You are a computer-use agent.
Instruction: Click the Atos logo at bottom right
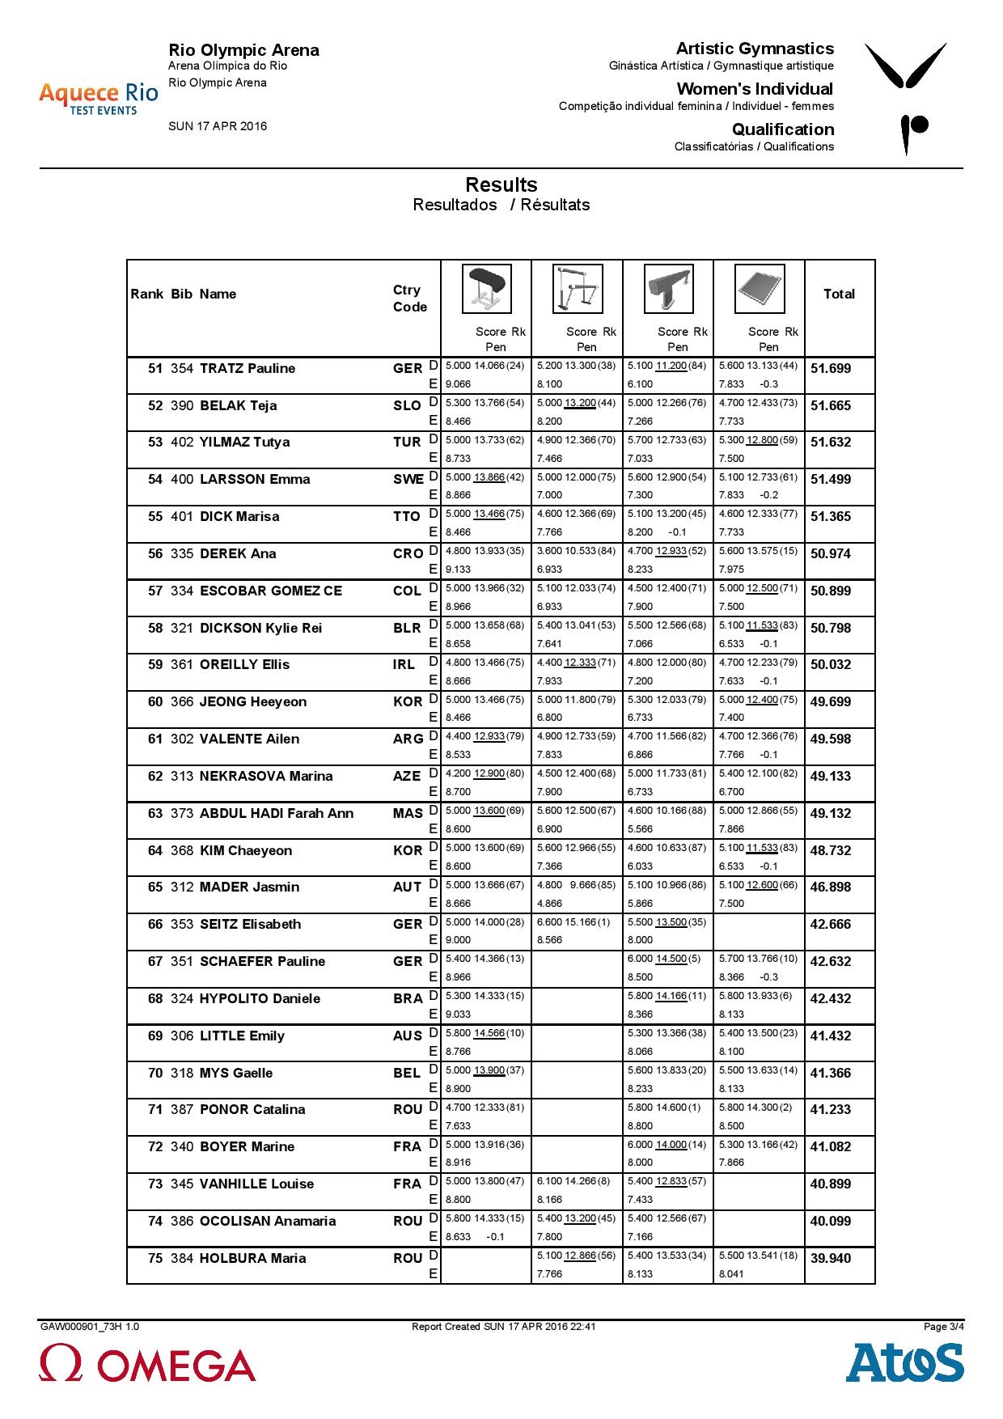coord(904,1363)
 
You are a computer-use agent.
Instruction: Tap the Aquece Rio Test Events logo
coord(98,98)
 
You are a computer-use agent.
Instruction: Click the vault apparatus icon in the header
coord(486,289)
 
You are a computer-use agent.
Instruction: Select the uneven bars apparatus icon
coord(578,289)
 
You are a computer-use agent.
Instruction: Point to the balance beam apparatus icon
coord(668,289)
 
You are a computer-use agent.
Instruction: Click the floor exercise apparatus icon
coord(760,289)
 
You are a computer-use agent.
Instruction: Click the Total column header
coord(839,294)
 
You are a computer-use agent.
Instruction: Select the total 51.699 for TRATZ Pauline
coord(831,369)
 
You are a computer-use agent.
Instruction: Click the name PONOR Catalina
coord(252,1110)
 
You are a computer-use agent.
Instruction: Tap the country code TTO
coord(407,517)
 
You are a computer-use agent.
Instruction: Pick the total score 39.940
coord(831,1258)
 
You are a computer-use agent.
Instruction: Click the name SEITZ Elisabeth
coord(250,925)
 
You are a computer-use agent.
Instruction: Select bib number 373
coord(182,814)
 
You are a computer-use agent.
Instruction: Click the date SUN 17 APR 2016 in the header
coord(218,126)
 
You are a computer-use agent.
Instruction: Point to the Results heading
coord(501,185)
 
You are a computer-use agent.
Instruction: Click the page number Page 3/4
coord(944,1326)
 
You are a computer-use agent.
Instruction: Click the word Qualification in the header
coord(782,129)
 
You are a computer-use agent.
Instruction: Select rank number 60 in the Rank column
coord(155,702)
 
